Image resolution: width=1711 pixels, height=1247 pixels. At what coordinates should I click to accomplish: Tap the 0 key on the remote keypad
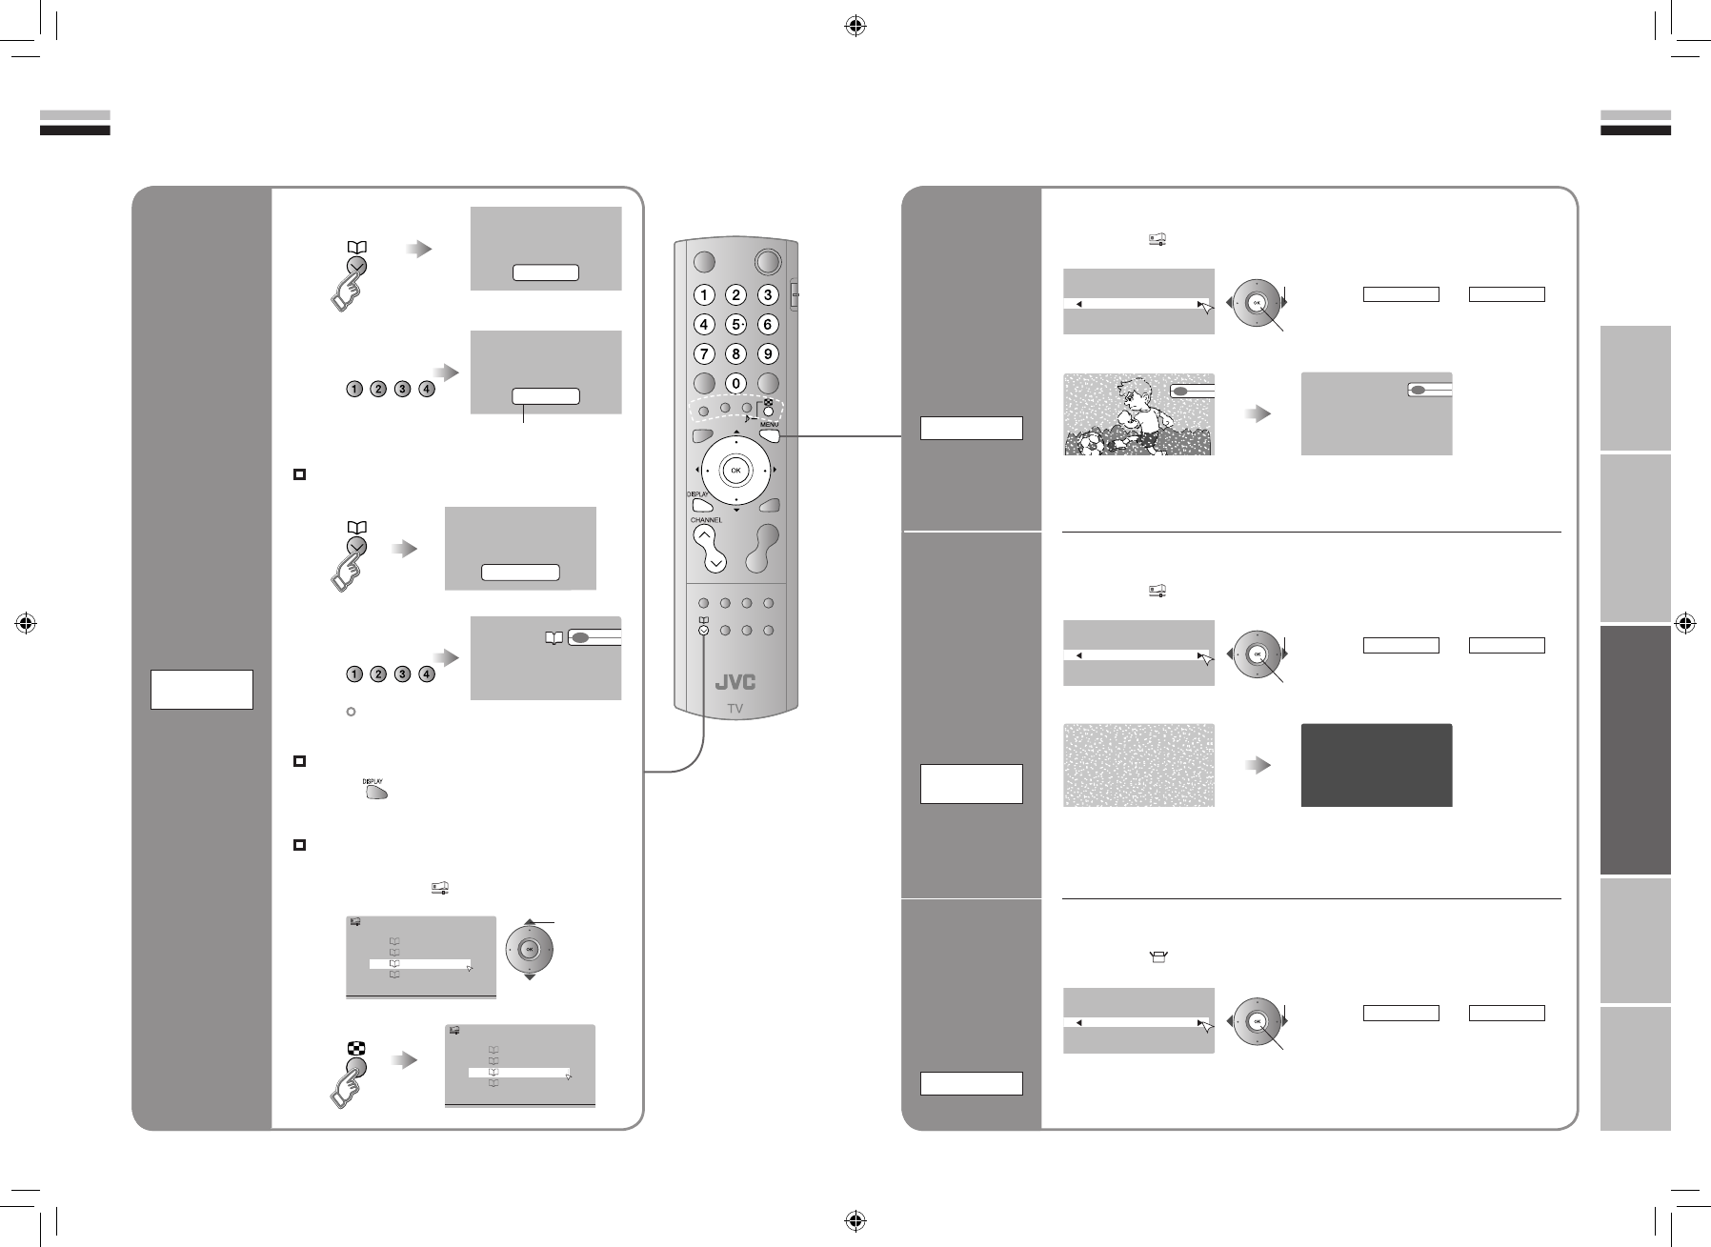(735, 384)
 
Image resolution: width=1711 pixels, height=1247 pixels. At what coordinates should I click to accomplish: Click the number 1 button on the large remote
(704, 294)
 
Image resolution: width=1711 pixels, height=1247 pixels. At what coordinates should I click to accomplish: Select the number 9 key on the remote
(767, 354)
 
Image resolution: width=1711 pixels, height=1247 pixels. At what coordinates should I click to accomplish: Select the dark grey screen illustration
(1376, 765)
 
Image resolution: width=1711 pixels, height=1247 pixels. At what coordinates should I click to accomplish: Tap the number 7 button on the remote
(704, 354)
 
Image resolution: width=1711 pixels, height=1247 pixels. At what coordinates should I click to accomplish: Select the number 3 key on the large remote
(767, 294)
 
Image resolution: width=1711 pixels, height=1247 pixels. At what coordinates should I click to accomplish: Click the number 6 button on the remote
(767, 324)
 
